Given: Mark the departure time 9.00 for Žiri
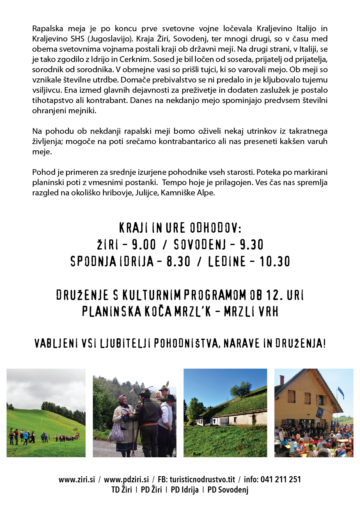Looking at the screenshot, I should coord(144,245).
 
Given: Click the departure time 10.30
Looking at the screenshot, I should coord(275,261).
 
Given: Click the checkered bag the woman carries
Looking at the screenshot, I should coord(116,432).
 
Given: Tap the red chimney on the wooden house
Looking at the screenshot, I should coord(282,380).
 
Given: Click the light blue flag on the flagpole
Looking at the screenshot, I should coord(341,393).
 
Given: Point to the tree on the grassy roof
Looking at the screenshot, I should coord(241,388).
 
